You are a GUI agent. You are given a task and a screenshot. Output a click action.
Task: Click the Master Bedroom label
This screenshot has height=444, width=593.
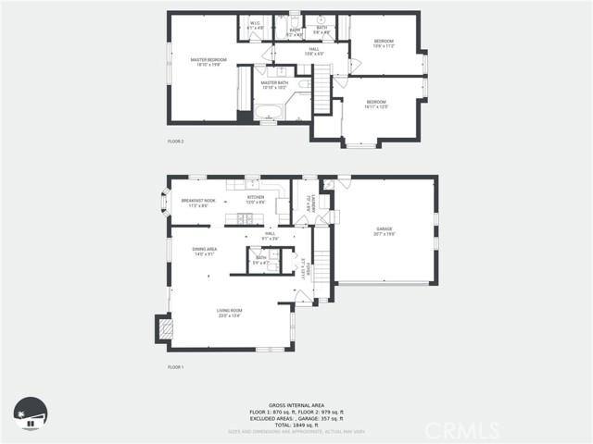208,62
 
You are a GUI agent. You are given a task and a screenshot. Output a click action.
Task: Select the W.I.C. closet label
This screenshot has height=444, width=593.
256,27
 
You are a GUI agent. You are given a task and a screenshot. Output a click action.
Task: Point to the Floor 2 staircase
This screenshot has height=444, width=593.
320,93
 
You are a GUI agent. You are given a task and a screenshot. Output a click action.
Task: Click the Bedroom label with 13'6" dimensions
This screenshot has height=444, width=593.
384,43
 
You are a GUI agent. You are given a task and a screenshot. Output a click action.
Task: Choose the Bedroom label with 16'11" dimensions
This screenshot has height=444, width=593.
375,104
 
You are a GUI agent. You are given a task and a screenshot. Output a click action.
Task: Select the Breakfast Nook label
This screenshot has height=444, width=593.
198,202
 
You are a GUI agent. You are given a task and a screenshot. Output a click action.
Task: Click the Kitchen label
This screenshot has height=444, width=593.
256,199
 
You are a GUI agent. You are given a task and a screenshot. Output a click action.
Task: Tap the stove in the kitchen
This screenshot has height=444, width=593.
246,218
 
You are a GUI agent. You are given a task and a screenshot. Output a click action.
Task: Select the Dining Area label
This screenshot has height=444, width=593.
204,251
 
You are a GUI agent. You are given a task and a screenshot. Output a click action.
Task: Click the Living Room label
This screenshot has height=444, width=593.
229,313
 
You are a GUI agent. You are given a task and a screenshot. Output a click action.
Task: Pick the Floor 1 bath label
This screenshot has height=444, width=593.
261,260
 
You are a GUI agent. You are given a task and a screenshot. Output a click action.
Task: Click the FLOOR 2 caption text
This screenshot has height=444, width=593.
176,142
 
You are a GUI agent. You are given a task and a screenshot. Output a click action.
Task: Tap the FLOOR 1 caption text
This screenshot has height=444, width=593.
176,368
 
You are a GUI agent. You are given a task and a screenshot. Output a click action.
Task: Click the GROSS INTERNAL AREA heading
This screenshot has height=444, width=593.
296,405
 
